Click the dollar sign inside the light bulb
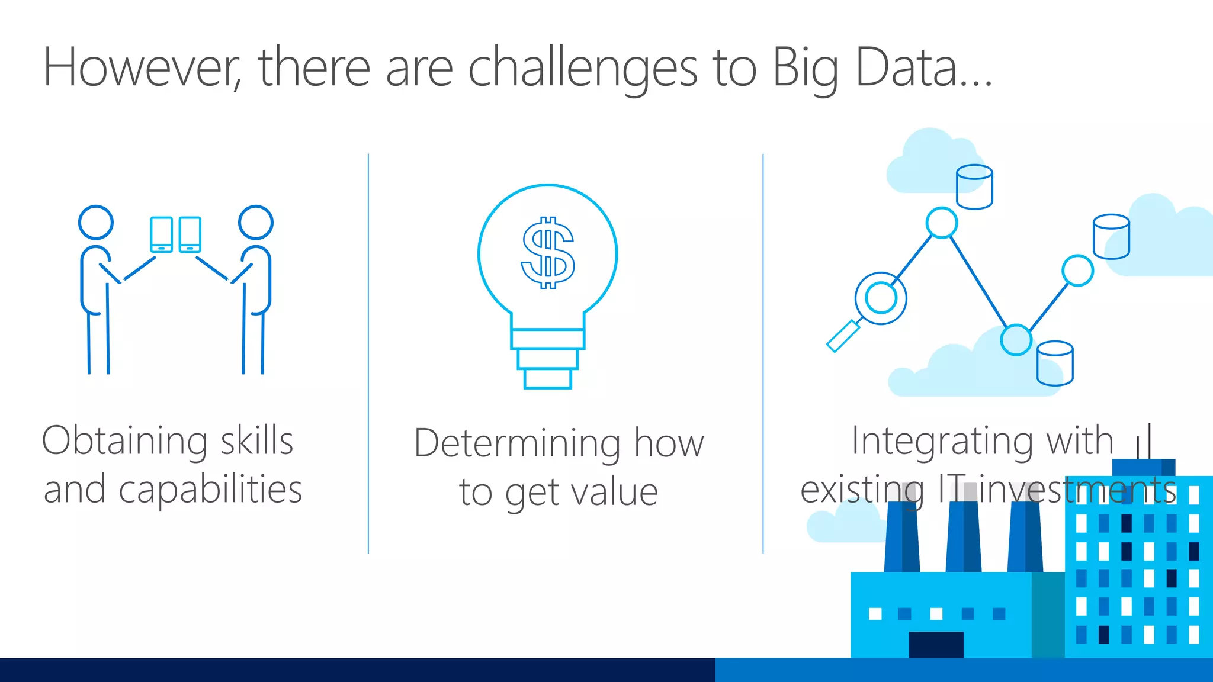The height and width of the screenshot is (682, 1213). tap(548, 253)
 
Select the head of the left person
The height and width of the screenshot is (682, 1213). tap(96, 222)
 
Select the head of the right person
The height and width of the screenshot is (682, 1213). tap(255, 222)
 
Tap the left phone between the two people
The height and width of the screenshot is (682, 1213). tap(161, 234)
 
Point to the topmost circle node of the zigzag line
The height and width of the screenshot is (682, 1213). tap(941, 223)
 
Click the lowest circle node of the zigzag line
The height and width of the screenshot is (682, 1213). tap(1016, 340)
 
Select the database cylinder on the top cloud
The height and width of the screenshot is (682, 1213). tap(974, 187)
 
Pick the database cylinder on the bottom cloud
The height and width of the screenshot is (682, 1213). tap(1055, 363)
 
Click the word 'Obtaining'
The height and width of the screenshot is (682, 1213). tap(124, 442)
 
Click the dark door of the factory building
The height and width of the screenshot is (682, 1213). tap(936, 644)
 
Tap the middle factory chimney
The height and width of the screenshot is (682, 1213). tap(963, 536)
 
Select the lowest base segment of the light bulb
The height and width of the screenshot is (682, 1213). tap(548, 378)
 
